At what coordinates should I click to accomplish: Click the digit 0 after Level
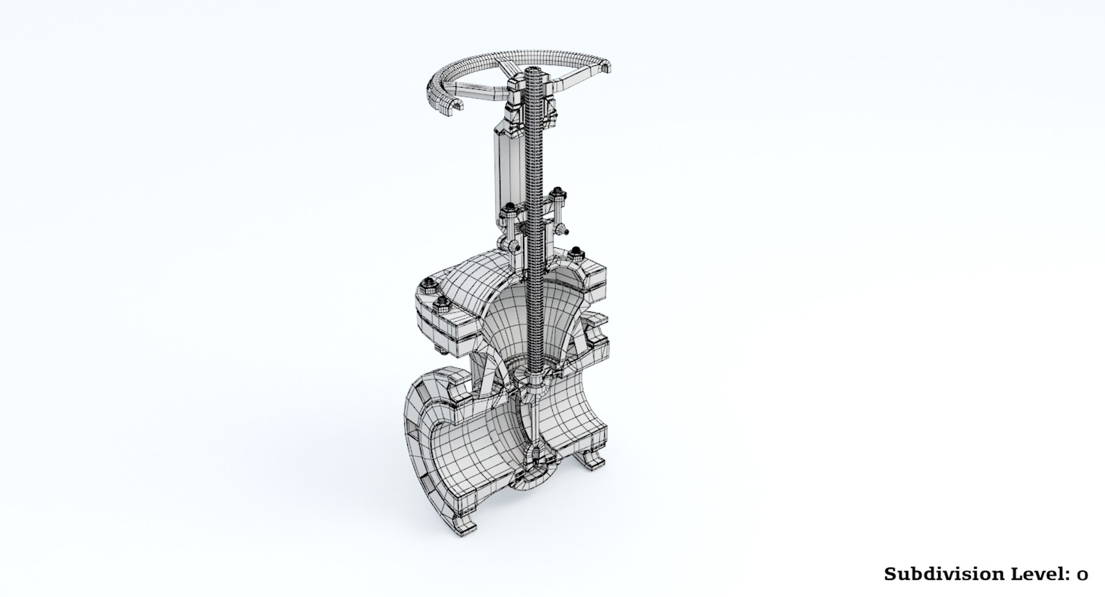[x=1083, y=574]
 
